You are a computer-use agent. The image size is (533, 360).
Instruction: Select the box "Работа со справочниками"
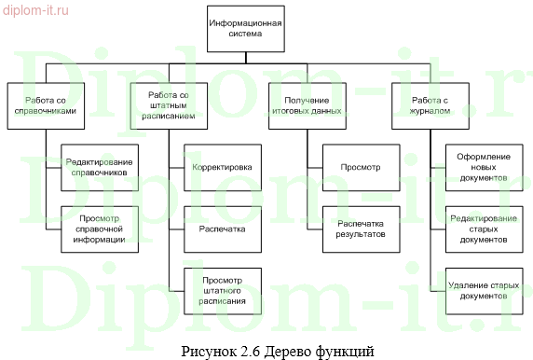[44, 103]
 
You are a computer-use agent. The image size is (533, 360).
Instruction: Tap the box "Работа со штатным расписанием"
[171, 103]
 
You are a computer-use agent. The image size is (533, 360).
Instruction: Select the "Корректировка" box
[222, 168]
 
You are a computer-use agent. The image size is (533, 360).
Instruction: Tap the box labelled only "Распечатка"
[222, 228]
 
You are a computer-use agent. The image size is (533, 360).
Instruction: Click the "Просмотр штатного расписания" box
[222, 287]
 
